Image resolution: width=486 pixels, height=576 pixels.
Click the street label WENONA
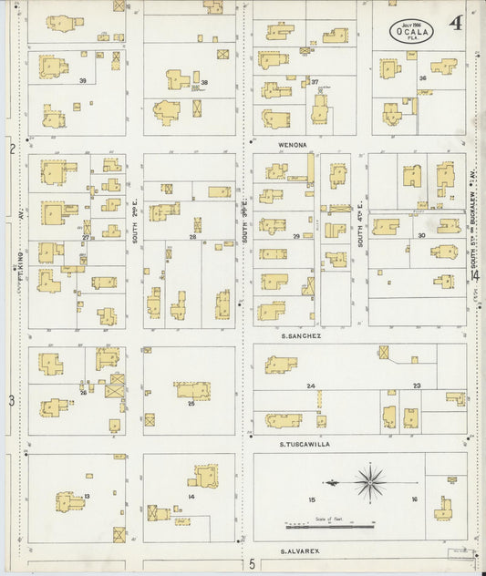tap(293, 144)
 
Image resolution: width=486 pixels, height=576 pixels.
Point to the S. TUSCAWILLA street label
tap(305, 444)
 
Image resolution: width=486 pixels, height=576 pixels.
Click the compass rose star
tap(369, 481)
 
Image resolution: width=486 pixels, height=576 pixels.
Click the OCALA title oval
tap(412, 32)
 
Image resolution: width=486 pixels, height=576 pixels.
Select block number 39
tap(83, 81)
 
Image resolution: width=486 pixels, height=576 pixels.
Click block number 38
tap(204, 83)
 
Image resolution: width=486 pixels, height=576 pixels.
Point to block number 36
tap(422, 78)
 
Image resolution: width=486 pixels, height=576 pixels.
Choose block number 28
tap(192, 237)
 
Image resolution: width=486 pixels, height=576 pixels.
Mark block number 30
tap(421, 236)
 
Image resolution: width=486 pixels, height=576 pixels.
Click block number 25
tap(191, 402)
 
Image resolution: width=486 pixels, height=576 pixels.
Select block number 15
tap(312, 499)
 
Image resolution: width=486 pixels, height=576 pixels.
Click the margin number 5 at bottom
tap(252, 565)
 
